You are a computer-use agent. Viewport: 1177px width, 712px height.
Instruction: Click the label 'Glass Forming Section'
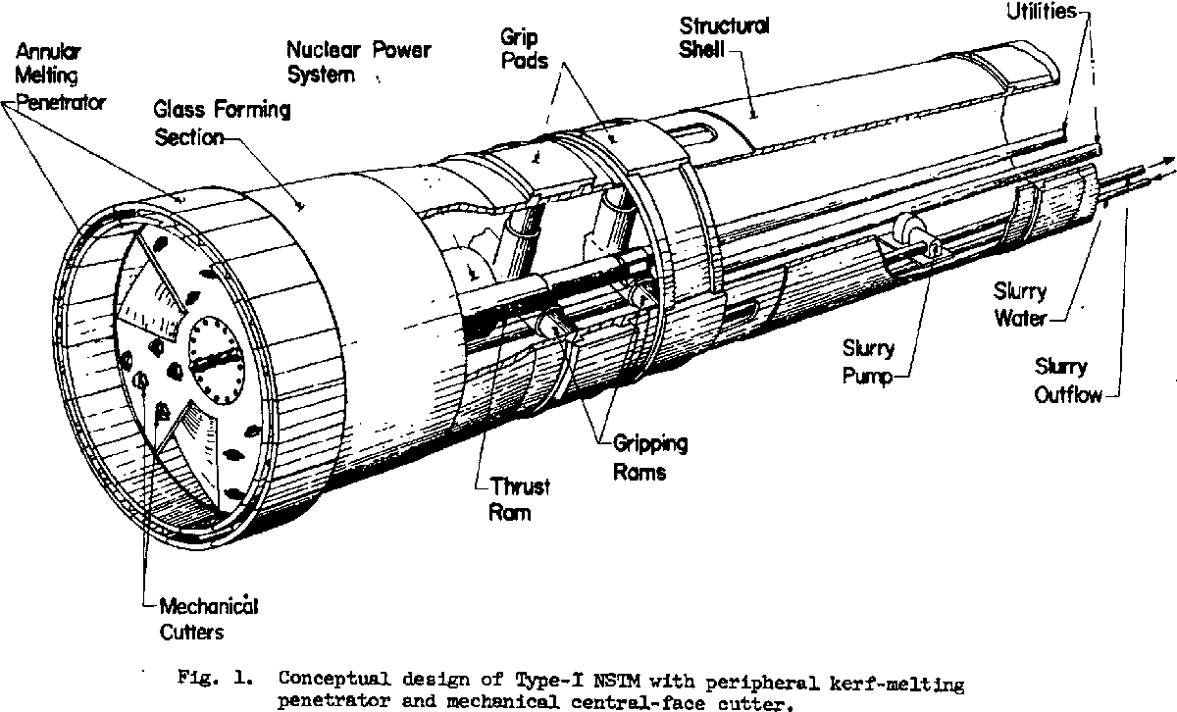tap(222, 124)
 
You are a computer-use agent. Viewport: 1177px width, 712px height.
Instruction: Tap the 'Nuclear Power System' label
tap(358, 62)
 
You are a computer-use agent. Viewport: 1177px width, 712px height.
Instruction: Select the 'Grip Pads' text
tap(524, 49)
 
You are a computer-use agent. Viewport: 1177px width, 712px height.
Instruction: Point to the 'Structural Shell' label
tap(724, 37)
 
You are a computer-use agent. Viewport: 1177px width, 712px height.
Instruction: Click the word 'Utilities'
tap(1042, 12)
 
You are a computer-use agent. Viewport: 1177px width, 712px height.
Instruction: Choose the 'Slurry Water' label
tap(1020, 305)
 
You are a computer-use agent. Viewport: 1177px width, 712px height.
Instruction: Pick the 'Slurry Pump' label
tap(869, 362)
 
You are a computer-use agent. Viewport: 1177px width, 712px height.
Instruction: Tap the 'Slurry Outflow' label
tap(1067, 381)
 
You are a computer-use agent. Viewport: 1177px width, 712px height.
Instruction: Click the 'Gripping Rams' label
tap(650, 458)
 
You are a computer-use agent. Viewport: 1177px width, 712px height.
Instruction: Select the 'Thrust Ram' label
tap(519, 499)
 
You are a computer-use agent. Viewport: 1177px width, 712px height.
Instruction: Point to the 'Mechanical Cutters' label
tap(209, 619)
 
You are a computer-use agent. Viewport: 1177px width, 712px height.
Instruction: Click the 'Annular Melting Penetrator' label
tap(60, 77)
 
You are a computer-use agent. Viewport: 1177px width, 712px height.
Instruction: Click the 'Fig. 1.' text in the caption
tap(216, 678)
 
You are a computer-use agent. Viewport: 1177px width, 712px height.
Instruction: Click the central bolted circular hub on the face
tap(216, 361)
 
